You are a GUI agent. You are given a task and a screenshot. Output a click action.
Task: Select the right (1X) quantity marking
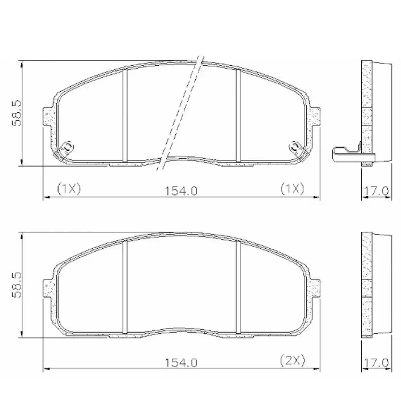click(292, 188)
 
